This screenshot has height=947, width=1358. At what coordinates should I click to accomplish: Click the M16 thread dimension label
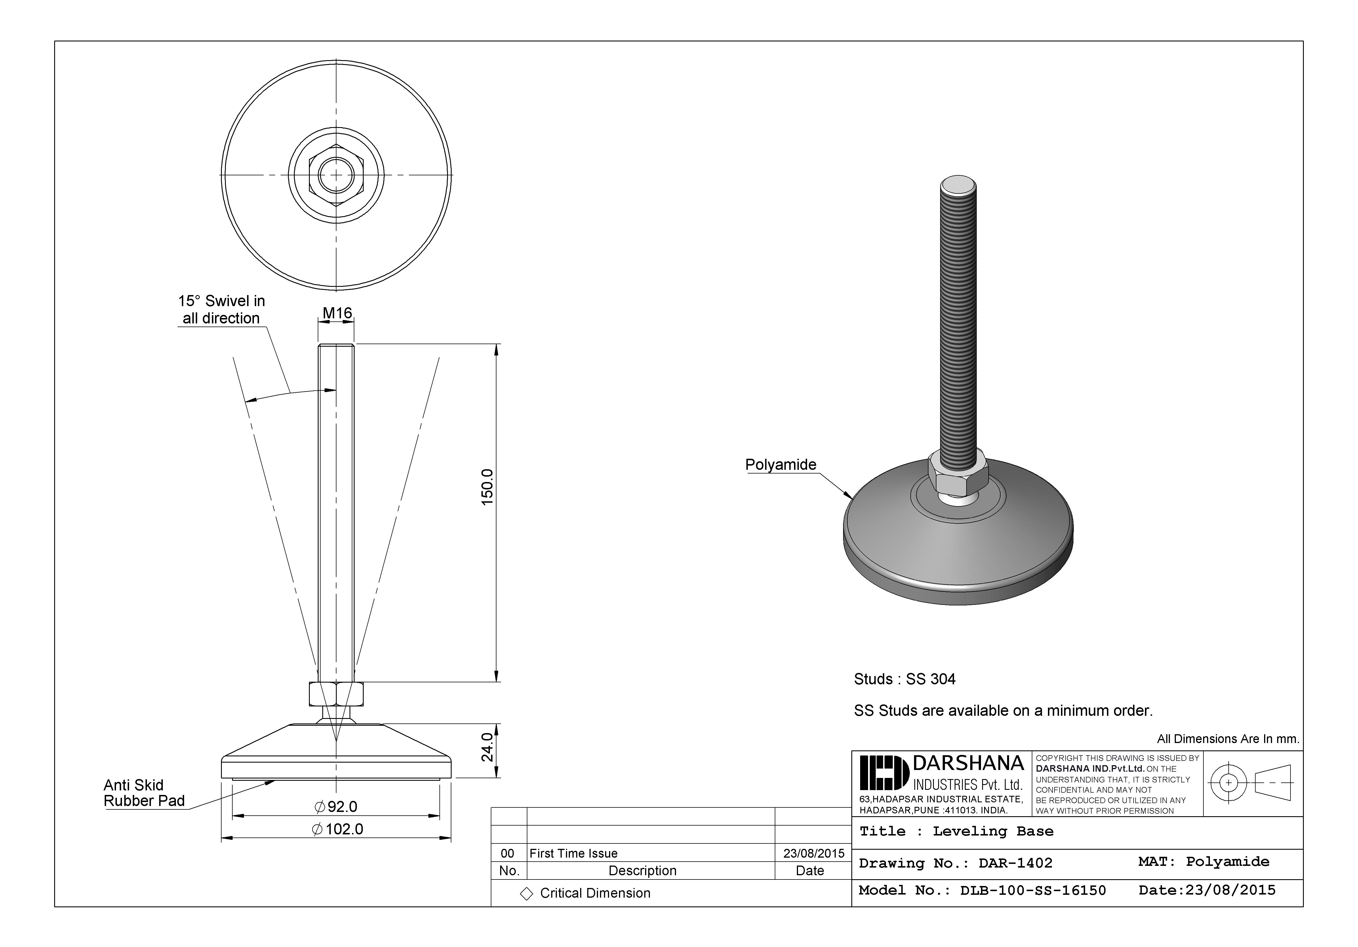(337, 313)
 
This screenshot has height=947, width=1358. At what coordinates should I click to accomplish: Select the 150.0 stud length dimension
(487, 487)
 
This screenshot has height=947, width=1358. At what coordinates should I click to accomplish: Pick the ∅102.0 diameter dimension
(337, 829)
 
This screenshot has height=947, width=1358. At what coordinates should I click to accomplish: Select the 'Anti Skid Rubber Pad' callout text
(144, 793)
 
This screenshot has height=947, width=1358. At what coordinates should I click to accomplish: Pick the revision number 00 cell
(508, 853)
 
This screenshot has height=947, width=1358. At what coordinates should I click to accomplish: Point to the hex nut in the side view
(336, 694)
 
